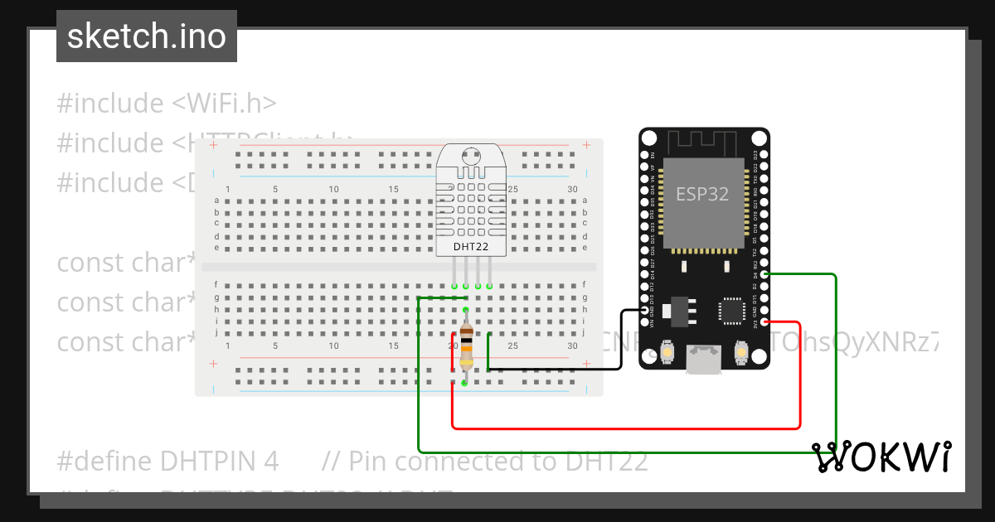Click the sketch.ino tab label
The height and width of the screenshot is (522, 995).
(x=147, y=37)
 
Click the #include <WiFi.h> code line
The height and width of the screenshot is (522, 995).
(x=166, y=104)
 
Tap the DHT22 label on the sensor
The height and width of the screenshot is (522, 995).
(x=470, y=246)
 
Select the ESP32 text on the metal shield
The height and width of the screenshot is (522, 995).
(x=702, y=194)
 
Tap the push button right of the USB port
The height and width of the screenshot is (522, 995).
(x=741, y=354)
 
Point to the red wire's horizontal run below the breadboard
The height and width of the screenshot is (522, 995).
(x=622, y=428)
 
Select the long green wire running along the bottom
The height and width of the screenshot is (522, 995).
(x=622, y=452)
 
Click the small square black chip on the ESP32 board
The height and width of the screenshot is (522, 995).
(x=731, y=311)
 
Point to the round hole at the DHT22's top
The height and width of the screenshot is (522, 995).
(x=471, y=155)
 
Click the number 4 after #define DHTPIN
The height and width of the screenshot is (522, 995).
(x=272, y=461)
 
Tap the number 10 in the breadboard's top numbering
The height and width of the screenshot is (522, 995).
(x=333, y=190)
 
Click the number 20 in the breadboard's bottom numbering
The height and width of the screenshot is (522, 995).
(x=453, y=346)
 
